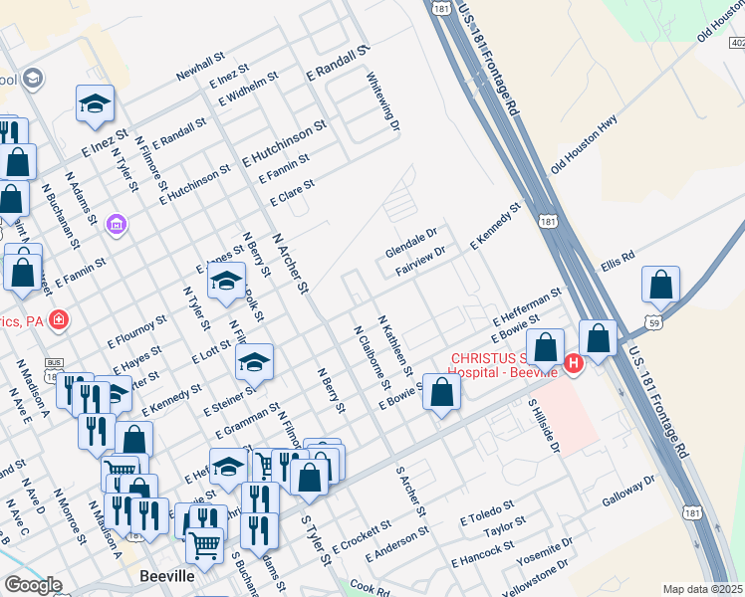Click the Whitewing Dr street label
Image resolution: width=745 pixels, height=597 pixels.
pos(382,100)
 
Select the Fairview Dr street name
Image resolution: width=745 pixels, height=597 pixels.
pos(418,257)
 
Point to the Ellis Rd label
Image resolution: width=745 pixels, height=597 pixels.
pos(618,263)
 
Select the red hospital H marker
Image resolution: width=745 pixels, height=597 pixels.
pos(573,364)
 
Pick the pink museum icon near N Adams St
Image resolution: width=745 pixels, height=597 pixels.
pos(118,226)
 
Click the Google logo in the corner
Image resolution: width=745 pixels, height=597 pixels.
pos(33,585)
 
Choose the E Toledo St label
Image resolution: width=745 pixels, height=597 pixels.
pos(487,512)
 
